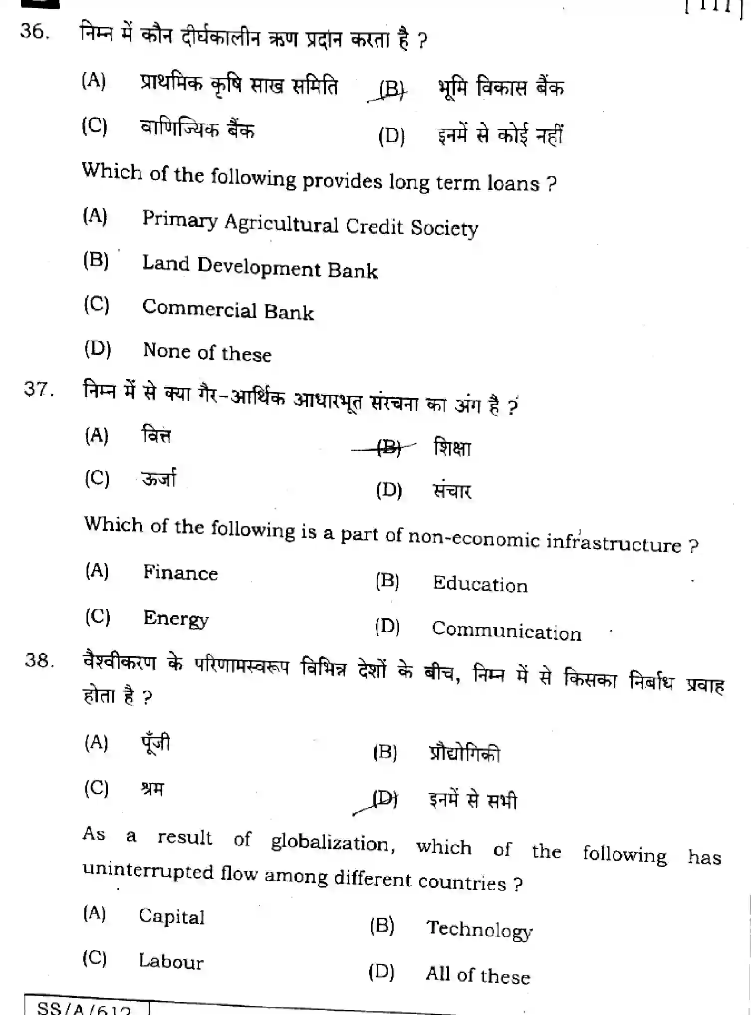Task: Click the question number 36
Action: [34, 31]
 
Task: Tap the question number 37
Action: [38, 389]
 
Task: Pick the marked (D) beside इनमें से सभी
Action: [385, 800]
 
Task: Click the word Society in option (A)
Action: [444, 228]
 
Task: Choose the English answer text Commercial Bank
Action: [228, 309]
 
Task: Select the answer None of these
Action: [207, 352]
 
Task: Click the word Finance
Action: [180, 572]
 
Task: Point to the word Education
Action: [480, 584]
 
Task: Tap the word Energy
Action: [176, 618]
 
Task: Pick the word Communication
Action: [506, 631]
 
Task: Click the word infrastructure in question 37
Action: [613, 542]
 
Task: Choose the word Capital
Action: [171, 917]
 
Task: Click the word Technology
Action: [479, 929]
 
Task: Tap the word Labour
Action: [171, 961]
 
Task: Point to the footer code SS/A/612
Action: [84, 1008]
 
